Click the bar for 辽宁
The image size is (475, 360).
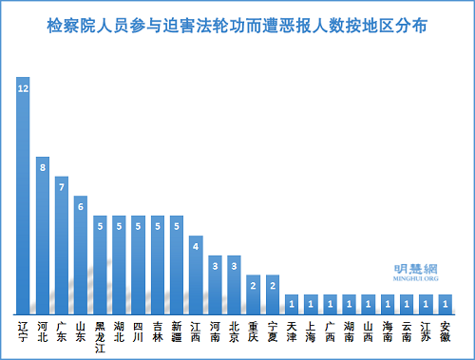point(23,195)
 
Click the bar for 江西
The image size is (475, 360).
point(196,275)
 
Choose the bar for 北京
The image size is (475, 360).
point(234,284)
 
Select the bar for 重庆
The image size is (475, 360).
point(253,294)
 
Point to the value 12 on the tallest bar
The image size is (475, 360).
point(23,88)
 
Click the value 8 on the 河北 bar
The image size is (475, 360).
point(43,167)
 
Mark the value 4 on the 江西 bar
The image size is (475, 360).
point(196,247)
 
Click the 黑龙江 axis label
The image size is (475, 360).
point(100,336)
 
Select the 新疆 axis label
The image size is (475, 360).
point(177,332)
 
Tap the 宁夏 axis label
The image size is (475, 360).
point(272,332)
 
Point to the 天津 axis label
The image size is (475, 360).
point(292,332)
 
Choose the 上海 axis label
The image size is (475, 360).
point(311,332)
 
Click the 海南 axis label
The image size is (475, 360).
point(388,332)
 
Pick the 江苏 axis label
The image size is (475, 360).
point(426,332)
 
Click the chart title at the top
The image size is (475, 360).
point(237,26)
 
